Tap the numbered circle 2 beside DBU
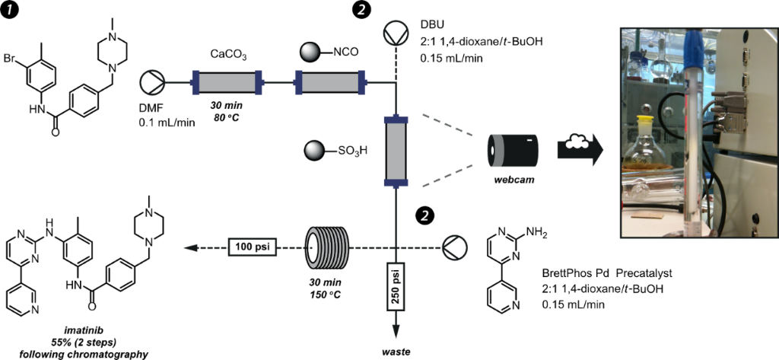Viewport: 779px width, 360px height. (x=361, y=11)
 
